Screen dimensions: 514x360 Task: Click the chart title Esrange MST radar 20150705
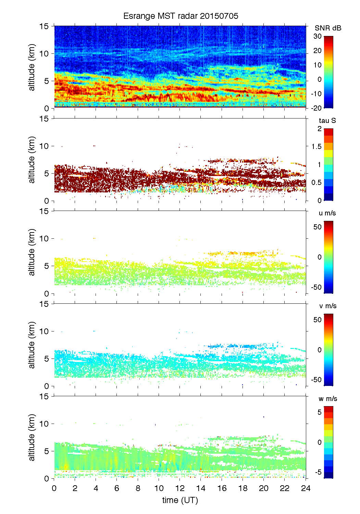coord(181,16)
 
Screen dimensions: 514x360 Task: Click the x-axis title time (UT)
coord(180,500)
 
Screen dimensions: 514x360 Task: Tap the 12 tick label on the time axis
coord(180,488)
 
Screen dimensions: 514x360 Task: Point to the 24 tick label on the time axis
coord(306,488)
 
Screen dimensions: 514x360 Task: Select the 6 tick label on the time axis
coord(117,488)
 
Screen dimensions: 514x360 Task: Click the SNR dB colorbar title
coord(328,28)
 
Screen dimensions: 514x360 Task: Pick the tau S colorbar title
coord(327,121)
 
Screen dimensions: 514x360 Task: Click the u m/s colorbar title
coord(327,213)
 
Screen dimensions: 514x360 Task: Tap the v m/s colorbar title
coord(327,306)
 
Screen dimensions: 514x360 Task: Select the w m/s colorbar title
coord(328,399)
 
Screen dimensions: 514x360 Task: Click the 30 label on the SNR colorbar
coord(318,36)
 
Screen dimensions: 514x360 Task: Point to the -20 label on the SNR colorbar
coord(316,108)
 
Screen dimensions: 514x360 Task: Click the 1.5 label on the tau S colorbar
coord(316,147)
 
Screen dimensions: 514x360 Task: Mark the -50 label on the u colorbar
coord(316,287)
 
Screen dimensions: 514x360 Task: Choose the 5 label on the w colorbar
coord(319,412)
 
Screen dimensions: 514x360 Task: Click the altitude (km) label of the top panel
coord(32,67)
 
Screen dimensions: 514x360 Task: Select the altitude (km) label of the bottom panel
coord(32,437)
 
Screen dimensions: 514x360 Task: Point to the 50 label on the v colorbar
coord(317,320)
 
